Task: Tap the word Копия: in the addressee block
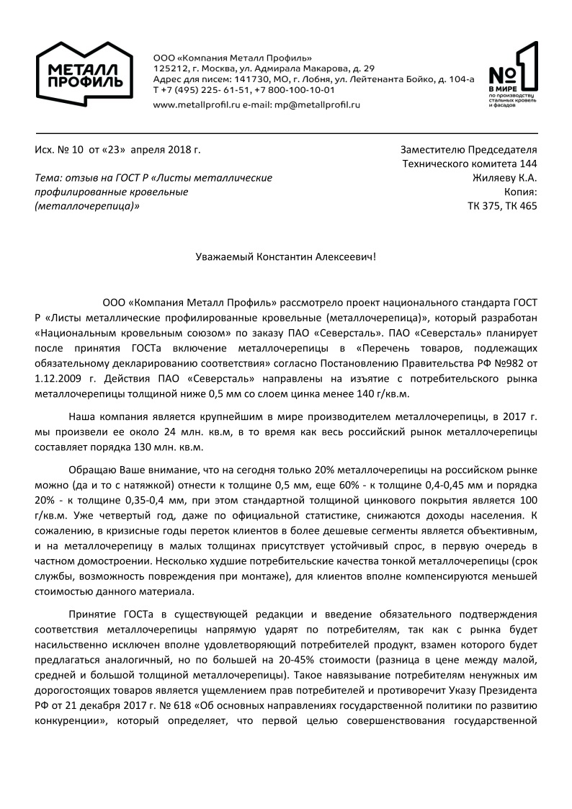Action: click(x=520, y=192)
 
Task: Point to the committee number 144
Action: click(x=527, y=164)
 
